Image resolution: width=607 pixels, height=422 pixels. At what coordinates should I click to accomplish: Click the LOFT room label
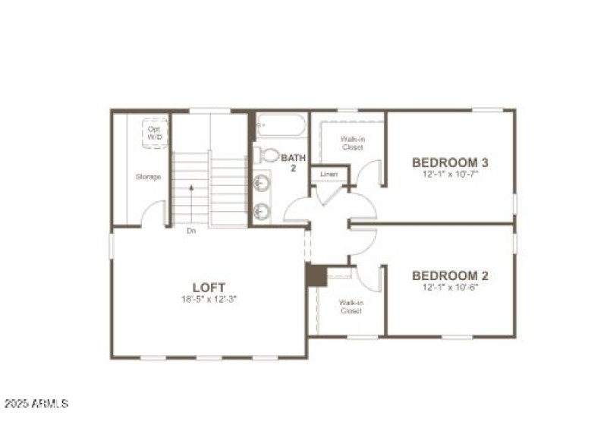click(209, 288)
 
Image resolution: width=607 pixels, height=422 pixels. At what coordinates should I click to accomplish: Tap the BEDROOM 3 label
click(450, 162)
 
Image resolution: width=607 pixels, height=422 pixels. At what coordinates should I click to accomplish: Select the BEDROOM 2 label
click(450, 276)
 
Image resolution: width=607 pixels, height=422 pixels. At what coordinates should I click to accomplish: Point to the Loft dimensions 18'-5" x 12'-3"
click(209, 300)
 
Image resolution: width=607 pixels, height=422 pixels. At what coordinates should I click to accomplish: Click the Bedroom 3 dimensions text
click(450, 174)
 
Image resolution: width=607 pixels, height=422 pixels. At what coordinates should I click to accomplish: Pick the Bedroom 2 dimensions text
click(450, 288)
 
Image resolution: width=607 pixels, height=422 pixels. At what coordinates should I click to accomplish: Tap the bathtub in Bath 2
click(281, 124)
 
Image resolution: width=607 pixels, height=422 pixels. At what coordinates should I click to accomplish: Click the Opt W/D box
click(154, 133)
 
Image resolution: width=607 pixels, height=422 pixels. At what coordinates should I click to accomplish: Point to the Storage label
click(148, 177)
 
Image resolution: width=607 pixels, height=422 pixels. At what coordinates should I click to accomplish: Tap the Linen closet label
click(329, 175)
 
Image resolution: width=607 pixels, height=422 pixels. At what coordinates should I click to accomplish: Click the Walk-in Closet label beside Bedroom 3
click(351, 143)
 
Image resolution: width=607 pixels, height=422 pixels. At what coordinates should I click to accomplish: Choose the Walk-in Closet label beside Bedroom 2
click(351, 307)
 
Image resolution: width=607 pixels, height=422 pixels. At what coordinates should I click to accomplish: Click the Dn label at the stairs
click(191, 231)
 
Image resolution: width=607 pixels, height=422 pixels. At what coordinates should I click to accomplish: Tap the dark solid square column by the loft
click(316, 275)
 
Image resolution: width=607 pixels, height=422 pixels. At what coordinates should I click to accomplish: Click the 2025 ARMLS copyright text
click(36, 403)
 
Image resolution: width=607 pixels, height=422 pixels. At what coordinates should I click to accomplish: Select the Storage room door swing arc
click(154, 213)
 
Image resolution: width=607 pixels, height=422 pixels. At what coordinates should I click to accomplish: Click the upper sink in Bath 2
click(262, 183)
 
